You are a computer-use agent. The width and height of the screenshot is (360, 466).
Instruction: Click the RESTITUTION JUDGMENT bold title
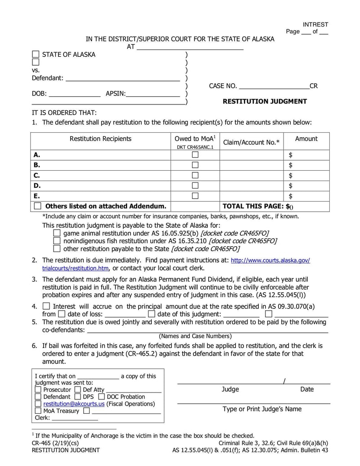pyautogui.click(x=265, y=101)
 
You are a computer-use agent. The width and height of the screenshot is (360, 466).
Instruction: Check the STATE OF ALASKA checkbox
pyautogui.click(x=36, y=54)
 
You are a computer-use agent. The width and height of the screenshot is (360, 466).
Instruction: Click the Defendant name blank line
pyautogui.click(x=123, y=78)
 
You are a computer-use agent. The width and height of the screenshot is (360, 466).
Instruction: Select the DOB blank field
pyautogui.click(x=75, y=94)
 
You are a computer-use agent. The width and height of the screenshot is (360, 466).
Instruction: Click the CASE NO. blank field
pyautogui.click(x=274, y=86)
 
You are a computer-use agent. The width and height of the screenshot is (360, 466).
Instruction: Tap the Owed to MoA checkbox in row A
pyautogui.click(x=195, y=154)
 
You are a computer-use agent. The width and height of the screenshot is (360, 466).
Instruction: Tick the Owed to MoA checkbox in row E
pyautogui.click(x=195, y=195)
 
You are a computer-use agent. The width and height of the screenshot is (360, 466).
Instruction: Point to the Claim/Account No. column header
pyautogui.click(x=251, y=142)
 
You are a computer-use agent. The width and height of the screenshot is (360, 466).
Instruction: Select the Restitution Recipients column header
pyautogui.click(x=100, y=139)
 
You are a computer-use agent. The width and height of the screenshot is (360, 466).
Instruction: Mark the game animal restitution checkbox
pyautogui.click(x=57, y=233)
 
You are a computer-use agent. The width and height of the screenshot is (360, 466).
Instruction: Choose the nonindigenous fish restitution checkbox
pyautogui.click(x=57, y=241)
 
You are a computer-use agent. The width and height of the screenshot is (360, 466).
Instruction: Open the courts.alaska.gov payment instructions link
pyautogui.click(x=270, y=261)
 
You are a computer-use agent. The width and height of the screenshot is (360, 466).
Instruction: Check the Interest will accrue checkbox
pyautogui.click(x=46, y=306)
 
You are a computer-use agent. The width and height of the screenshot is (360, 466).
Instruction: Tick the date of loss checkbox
pyautogui.click(x=61, y=314)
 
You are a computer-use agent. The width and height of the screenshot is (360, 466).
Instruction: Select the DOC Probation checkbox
pyautogui.click(x=101, y=397)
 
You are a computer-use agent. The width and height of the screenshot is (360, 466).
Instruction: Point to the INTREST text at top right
pyautogui.click(x=315, y=24)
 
